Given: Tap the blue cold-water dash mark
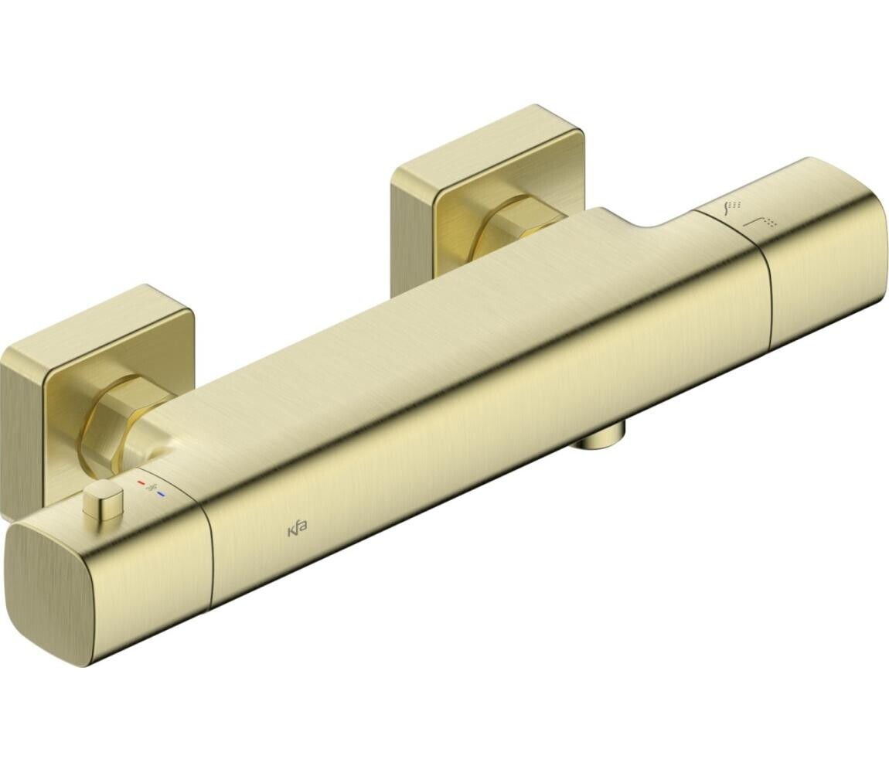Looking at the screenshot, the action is (x=162, y=480).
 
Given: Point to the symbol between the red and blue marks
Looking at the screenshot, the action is (x=152, y=473).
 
